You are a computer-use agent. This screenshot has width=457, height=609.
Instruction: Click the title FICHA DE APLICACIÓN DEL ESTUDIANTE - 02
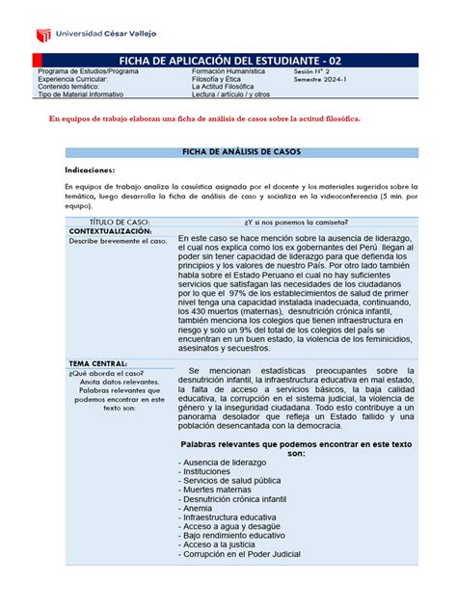[x=228, y=60]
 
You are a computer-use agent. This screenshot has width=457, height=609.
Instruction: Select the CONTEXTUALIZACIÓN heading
[x=109, y=231]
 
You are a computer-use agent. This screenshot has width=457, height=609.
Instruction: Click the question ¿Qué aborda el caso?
[x=106, y=372]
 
